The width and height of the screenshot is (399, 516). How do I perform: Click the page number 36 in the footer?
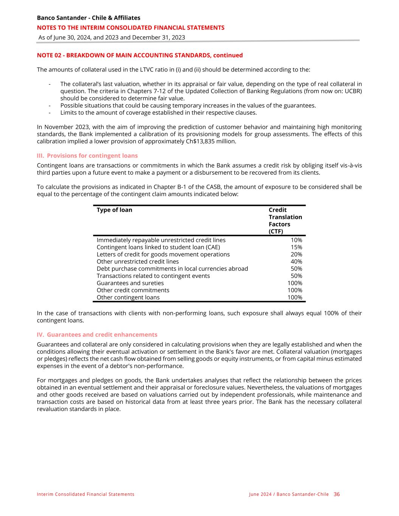[x=337, y=494]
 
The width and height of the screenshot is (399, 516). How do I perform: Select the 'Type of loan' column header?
[x=114, y=210]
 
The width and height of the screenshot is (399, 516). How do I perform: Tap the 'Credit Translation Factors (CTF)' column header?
[x=285, y=220]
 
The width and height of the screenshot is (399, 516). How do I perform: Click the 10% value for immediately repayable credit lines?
[x=296, y=240]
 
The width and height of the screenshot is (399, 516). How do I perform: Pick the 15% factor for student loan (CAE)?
[x=296, y=247]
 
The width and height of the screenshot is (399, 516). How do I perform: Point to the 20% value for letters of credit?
[x=296, y=254]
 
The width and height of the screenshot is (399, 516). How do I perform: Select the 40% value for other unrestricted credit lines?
[x=296, y=262]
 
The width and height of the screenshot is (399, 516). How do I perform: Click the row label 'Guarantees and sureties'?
[x=130, y=283]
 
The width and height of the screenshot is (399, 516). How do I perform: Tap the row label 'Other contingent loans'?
[x=128, y=298]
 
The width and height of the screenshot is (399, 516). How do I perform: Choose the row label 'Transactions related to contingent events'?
[x=153, y=276]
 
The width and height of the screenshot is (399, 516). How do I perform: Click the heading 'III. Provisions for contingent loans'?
[x=87, y=156]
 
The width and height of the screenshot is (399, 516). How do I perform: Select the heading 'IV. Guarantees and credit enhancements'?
[x=97, y=335]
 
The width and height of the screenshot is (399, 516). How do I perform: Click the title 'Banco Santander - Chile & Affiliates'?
[x=88, y=18]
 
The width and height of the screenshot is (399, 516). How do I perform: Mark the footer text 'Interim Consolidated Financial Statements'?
[x=85, y=494]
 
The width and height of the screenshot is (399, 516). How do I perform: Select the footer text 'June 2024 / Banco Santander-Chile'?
[x=289, y=494]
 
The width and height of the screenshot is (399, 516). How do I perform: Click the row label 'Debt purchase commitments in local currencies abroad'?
[x=172, y=269]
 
